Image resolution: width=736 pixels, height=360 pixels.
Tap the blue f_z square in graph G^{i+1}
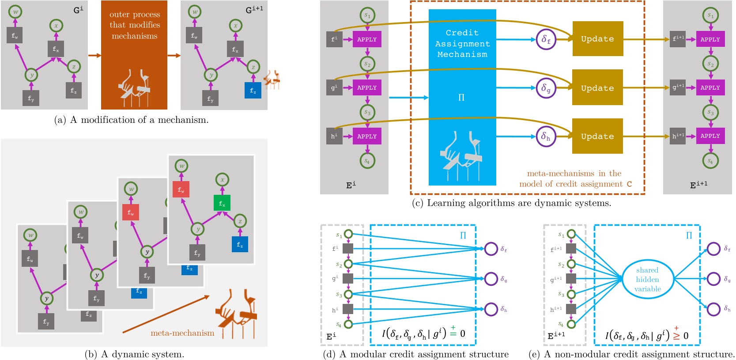(253, 90)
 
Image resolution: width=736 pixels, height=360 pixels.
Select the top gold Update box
(597, 39)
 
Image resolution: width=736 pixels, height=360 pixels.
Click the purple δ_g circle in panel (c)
(546, 88)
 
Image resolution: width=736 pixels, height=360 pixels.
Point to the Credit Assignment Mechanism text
(462, 43)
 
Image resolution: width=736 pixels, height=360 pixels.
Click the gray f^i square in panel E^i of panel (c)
(334, 39)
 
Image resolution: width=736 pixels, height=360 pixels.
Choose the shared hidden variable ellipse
(647, 279)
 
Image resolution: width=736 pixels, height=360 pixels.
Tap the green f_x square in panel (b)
(222, 203)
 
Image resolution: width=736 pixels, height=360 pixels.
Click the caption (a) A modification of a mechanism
(131, 120)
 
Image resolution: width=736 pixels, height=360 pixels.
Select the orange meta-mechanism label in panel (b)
(182, 333)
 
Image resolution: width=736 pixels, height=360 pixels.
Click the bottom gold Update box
(597, 136)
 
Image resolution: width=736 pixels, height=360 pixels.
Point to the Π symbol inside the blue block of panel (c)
(461, 98)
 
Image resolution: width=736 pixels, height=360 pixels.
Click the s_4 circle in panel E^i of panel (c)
(367, 161)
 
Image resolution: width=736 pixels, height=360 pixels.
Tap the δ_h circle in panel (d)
(491, 309)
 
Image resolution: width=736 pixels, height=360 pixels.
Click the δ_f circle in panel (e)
(713, 249)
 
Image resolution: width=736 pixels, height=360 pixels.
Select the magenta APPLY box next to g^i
(367, 87)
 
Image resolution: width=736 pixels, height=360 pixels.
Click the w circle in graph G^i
(15, 11)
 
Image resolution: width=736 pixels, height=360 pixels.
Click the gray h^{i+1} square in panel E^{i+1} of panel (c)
(677, 136)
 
